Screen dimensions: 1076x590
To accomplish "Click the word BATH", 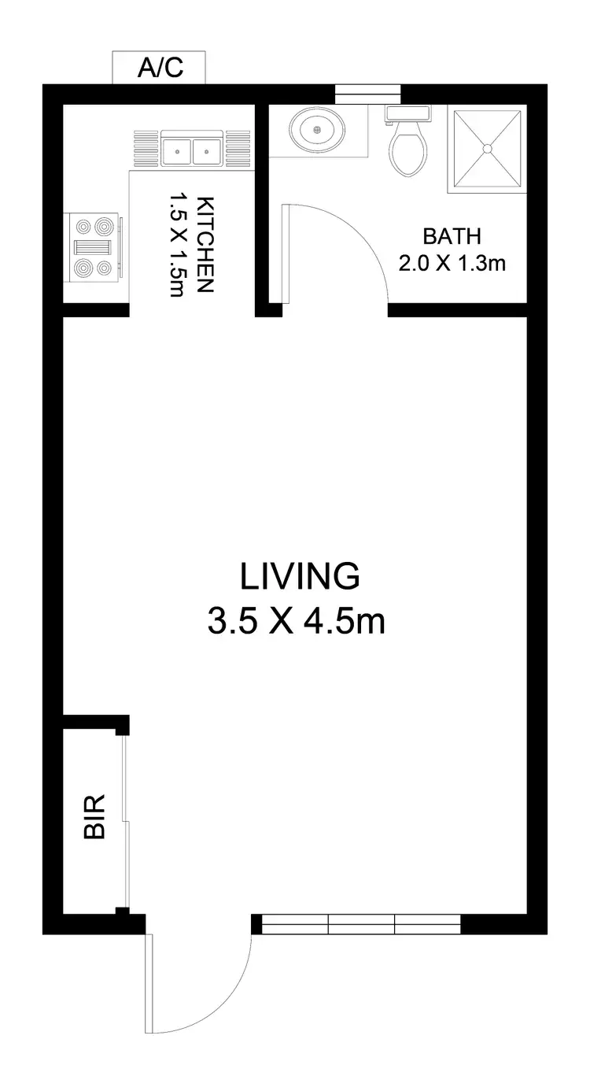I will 451,236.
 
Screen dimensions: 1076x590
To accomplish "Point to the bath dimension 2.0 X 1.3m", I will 451,263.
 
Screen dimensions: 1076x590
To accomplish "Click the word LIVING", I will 300,576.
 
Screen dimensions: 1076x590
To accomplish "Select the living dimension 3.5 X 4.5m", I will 296,622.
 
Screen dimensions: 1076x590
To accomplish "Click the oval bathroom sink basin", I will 318,128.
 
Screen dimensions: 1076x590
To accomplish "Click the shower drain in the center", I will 487,147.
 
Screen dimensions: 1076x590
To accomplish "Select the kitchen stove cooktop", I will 93,247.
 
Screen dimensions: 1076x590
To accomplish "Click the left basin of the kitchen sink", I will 179,148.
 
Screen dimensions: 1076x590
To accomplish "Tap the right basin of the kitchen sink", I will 207,148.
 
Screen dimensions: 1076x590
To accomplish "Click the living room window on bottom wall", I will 361,923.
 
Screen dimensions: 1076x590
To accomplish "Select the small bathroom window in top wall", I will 367,94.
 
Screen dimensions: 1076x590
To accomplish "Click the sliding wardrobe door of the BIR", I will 125,822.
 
